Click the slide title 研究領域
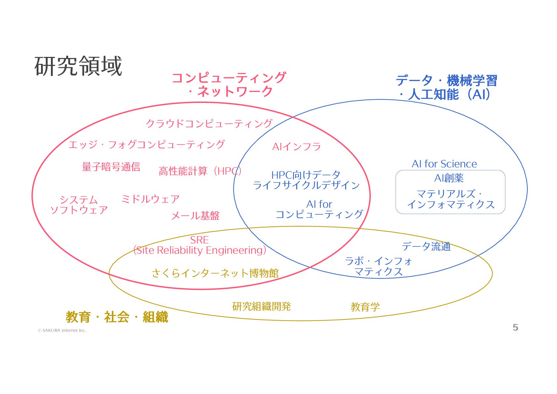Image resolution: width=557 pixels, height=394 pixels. [78, 66]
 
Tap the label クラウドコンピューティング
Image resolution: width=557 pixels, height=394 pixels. [209, 123]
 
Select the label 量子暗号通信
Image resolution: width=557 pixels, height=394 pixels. [111, 167]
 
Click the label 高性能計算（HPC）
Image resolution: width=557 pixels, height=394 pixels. [200, 171]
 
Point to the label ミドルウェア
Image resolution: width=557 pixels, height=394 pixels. [150, 199]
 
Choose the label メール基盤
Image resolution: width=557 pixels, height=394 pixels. [195, 216]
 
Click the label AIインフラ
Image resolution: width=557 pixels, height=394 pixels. [296, 147]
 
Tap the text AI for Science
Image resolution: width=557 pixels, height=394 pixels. [444, 164]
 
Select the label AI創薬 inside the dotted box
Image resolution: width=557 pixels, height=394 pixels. [449, 178]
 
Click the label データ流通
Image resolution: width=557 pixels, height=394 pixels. [426, 246]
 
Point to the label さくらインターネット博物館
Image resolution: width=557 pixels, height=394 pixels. [215, 273]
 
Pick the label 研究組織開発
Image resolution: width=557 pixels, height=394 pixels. [261, 306]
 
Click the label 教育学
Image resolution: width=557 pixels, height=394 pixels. [365, 307]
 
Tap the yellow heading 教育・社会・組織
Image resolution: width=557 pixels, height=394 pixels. [117, 317]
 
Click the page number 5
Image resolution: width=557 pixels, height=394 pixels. [515, 328]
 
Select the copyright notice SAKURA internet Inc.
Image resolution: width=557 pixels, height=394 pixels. [62, 330]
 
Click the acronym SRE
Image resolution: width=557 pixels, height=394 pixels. [199, 240]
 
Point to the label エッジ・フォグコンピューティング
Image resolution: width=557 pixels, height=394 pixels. [147, 145]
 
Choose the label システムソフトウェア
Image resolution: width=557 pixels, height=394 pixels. [79, 205]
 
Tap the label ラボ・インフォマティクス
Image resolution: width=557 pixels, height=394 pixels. [378, 266]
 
